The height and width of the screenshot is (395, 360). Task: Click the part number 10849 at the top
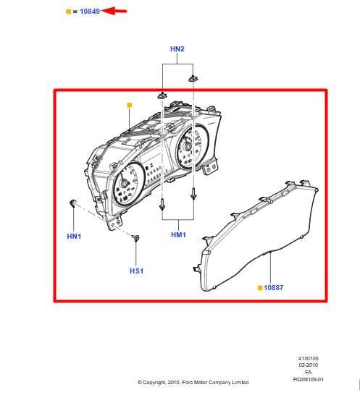[90, 12]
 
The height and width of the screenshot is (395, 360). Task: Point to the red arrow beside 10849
[114, 11]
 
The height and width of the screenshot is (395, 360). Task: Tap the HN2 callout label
[177, 49]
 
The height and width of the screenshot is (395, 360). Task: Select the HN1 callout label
[74, 237]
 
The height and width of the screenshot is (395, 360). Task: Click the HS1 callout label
[136, 271]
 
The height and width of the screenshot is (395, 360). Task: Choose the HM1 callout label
[178, 235]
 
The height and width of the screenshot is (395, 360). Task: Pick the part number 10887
[274, 287]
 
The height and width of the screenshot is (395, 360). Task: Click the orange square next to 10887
[260, 288]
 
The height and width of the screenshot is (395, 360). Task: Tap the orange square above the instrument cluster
[130, 105]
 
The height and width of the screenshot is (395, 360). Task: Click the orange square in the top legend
[68, 12]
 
